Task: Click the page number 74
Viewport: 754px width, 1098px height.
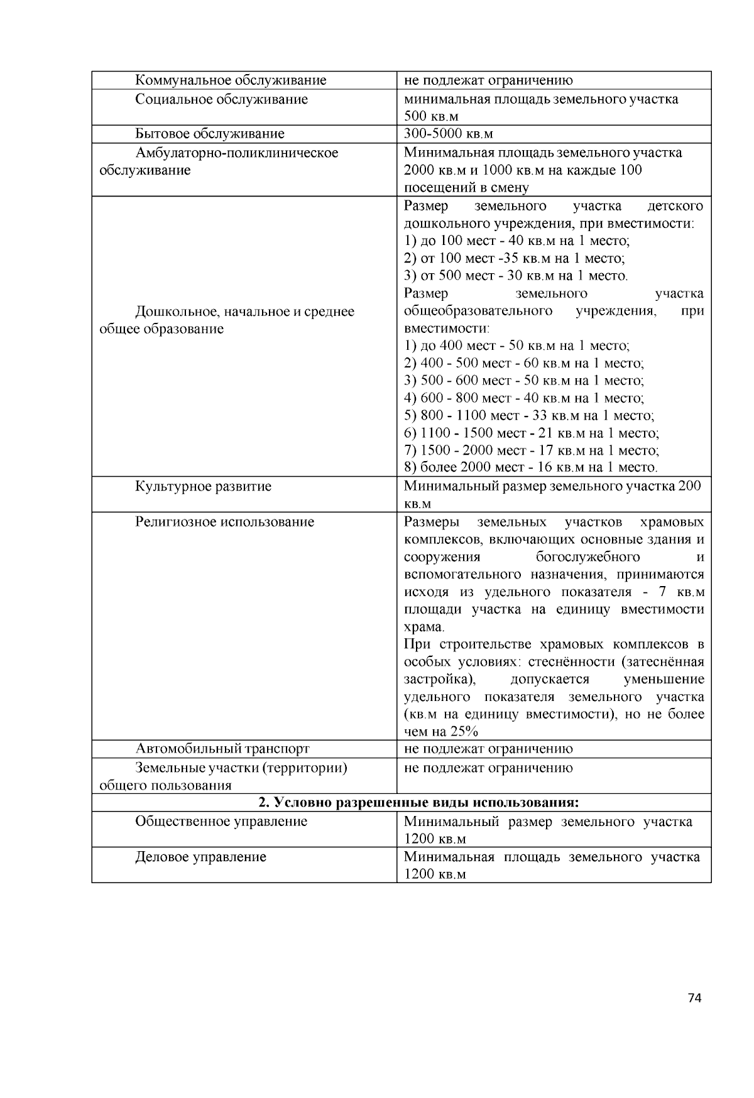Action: (x=694, y=997)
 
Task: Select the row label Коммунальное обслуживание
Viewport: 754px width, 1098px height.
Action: (x=231, y=80)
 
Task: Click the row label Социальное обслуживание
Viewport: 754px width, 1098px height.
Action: (x=221, y=99)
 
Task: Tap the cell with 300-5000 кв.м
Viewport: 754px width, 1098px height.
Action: (x=449, y=134)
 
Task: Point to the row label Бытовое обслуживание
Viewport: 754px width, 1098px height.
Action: (x=210, y=134)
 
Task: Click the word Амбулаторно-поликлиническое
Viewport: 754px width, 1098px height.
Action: (x=236, y=153)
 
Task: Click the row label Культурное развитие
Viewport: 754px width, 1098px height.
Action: (x=203, y=486)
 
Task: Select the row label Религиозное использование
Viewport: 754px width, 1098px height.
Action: (x=224, y=522)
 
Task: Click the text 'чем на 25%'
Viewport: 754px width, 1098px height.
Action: (x=440, y=732)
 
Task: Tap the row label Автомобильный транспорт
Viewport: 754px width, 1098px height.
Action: (x=222, y=749)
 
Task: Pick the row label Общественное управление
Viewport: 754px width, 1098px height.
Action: (x=221, y=822)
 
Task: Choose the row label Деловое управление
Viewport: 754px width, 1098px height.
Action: (x=200, y=857)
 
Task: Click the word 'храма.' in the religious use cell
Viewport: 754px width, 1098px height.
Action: (x=423, y=627)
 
